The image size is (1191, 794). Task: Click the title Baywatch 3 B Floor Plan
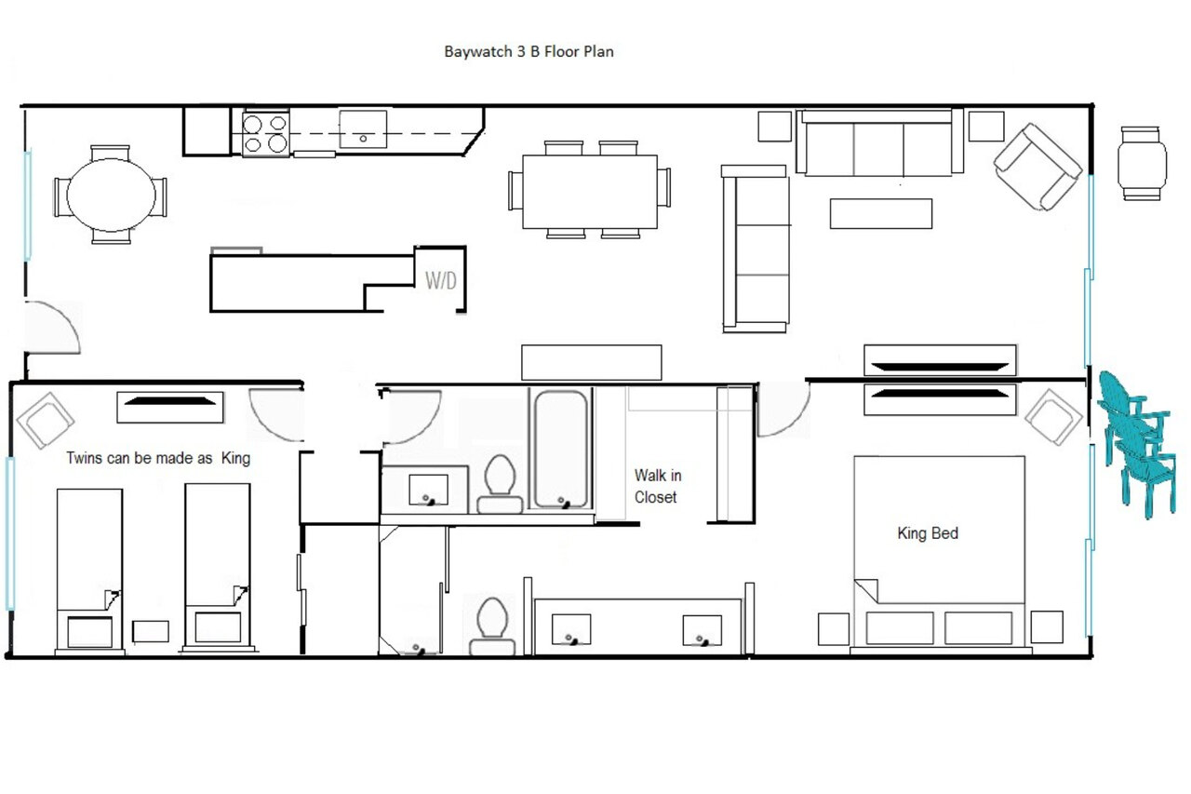click(x=529, y=51)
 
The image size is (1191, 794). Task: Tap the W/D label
click(x=441, y=280)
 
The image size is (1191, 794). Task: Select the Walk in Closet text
click(x=658, y=486)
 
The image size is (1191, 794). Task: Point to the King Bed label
click(x=928, y=532)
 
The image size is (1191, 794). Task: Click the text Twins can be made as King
click(x=158, y=458)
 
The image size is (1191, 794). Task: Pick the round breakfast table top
click(x=111, y=195)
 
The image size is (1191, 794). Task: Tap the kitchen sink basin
click(x=363, y=129)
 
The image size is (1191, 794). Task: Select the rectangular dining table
click(x=590, y=192)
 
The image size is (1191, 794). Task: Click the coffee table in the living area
click(x=881, y=214)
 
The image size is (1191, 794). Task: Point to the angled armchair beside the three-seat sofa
click(x=1037, y=167)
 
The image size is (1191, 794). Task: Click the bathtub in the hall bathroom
click(x=561, y=450)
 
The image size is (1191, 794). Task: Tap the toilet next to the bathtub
click(x=500, y=484)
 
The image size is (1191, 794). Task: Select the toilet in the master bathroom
click(x=492, y=626)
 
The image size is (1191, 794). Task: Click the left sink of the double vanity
click(x=571, y=629)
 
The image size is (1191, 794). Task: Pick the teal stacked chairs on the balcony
click(x=1138, y=444)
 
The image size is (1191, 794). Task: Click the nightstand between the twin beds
click(x=151, y=631)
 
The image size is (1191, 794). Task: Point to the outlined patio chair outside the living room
click(x=1141, y=163)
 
